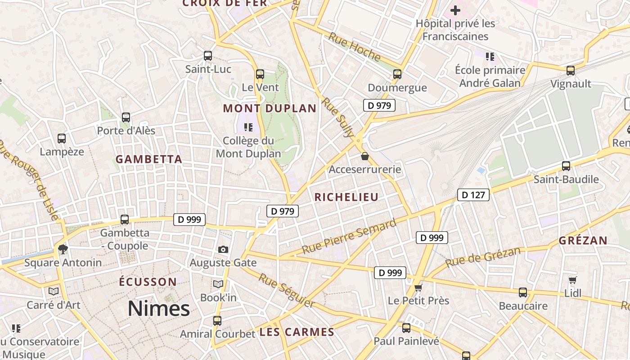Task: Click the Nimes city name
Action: click(x=158, y=309)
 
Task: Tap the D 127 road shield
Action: click(x=473, y=195)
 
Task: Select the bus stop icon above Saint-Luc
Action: click(x=208, y=56)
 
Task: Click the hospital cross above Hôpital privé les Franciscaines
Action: click(x=455, y=10)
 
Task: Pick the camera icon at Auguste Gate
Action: click(x=223, y=249)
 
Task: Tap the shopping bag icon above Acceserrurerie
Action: click(x=364, y=157)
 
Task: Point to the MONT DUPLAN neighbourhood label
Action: click(x=270, y=108)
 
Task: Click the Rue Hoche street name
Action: click(x=354, y=47)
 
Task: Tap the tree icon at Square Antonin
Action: click(x=63, y=249)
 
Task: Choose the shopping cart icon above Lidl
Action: click(x=572, y=280)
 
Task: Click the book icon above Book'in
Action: click(x=218, y=284)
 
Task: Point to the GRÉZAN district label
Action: click(x=583, y=241)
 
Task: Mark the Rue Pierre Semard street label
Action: click(x=349, y=236)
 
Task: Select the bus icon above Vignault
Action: click(x=571, y=71)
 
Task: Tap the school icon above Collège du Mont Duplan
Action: click(x=248, y=127)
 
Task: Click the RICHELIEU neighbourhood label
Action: click(x=346, y=197)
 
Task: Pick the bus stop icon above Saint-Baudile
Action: click(x=566, y=166)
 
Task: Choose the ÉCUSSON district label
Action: click(x=148, y=282)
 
